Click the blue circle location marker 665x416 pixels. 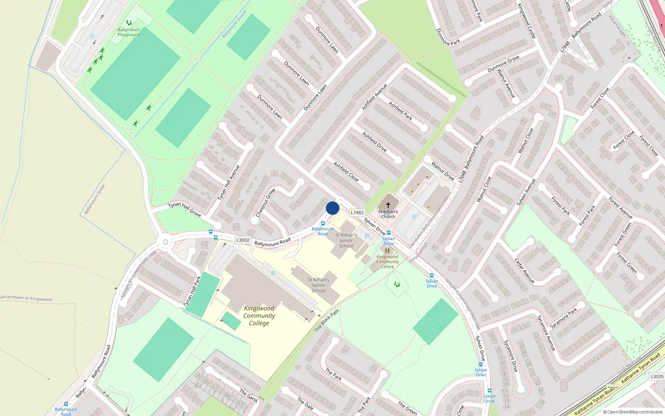click(332, 208)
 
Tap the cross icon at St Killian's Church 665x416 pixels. click(388, 205)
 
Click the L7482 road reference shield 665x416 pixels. click(357, 213)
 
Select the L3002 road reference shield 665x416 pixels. click(243, 240)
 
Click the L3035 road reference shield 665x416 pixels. click(657, 376)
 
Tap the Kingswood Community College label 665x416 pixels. click(259, 316)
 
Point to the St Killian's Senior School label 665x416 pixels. click(318, 285)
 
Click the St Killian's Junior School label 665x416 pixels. click(346, 240)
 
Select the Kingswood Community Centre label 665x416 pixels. click(387, 262)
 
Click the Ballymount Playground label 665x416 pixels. click(128, 32)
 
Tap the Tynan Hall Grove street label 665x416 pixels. click(185, 209)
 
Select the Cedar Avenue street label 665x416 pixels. click(525, 270)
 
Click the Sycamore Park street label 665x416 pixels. click(564, 319)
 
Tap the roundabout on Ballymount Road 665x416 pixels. click(165, 242)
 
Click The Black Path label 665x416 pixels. click(327, 320)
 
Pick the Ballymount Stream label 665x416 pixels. click(234, 24)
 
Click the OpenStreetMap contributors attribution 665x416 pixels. click(633, 412)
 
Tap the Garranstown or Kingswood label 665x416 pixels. click(26, 298)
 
